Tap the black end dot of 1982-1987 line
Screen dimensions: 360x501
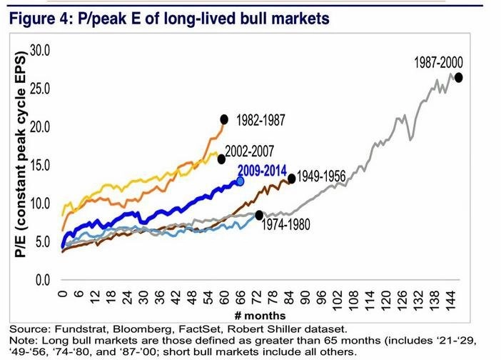point(224,119)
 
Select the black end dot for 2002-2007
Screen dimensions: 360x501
point(222,159)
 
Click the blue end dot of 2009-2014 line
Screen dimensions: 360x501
point(241,181)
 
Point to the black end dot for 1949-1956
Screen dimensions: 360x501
point(291,179)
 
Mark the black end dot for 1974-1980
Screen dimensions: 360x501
point(259,215)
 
